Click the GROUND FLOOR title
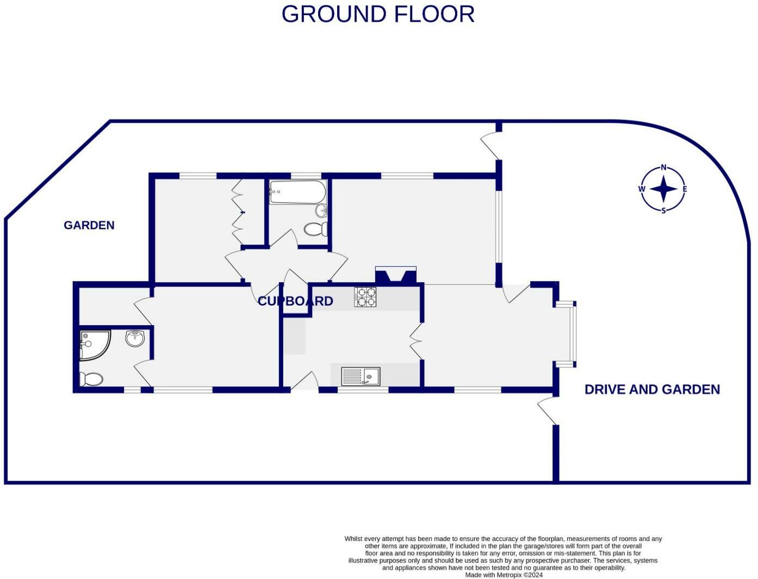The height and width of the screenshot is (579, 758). (378, 14)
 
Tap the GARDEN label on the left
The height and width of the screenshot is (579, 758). (89, 225)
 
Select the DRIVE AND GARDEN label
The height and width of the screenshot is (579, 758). (652, 389)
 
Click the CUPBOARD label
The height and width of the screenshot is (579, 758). (295, 301)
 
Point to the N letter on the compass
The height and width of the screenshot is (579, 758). (663, 167)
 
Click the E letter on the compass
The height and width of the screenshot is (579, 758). (685, 189)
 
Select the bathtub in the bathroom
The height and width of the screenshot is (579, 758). (297, 192)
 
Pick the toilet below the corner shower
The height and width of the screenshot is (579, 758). (91, 379)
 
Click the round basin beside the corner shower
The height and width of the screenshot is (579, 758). (135, 339)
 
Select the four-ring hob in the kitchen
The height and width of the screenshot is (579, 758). (365, 297)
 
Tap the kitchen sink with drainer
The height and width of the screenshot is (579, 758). (361, 376)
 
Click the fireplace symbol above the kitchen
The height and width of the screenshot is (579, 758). (396, 275)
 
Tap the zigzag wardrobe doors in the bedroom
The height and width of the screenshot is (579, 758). (237, 212)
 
